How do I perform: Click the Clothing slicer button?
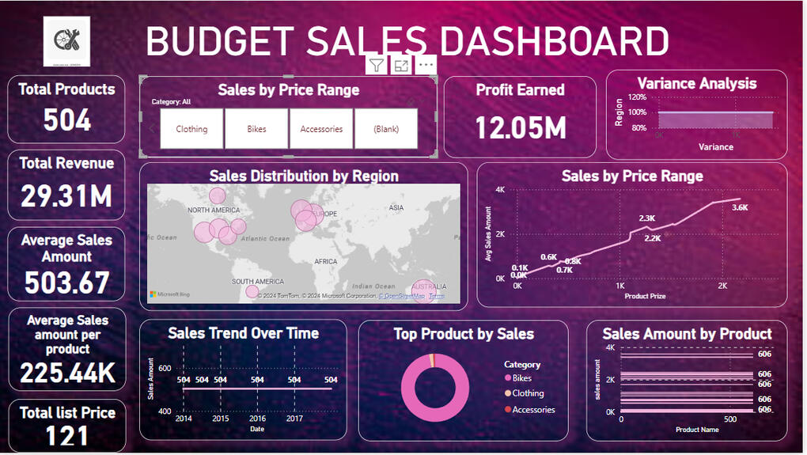click(x=191, y=129)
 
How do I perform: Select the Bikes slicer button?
click(x=256, y=129)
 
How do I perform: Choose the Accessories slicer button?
click(x=321, y=129)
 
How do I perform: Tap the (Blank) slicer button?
click(x=386, y=129)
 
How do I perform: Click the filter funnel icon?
click(x=377, y=66)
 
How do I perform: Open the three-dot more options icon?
click(x=426, y=66)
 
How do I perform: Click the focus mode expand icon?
click(x=401, y=66)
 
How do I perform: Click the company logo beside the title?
click(x=66, y=41)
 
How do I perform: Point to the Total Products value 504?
click(x=67, y=120)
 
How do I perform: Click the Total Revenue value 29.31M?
click(x=67, y=195)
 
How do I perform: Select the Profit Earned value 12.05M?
click(x=520, y=127)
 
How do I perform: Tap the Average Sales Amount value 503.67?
click(x=67, y=282)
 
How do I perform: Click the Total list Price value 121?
click(x=67, y=435)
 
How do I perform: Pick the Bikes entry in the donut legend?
click(x=522, y=378)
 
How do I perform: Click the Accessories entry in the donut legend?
click(x=533, y=410)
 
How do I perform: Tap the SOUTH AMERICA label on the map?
click(x=258, y=282)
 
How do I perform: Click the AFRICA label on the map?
click(x=325, y=261)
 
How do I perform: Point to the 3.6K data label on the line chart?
click(x=741, y=208)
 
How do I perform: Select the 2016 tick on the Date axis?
click(x=257, y=419)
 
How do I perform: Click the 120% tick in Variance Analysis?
click(x=638, y=97)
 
